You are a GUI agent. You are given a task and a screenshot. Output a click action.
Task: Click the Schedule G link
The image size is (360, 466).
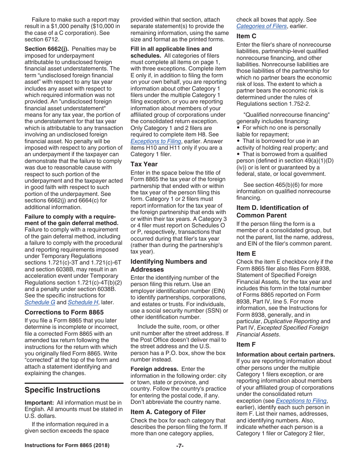click(x=40, y=302)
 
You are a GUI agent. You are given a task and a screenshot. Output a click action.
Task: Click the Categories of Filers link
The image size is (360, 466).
click(x=261, y=26)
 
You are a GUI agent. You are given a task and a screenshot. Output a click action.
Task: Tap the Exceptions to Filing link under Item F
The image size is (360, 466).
click(x=301, y=400)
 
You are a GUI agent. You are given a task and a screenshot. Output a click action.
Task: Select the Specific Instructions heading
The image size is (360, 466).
click(x=63, y=390)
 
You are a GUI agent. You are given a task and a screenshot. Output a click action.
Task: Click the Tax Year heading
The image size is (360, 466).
click(x=144, y=164)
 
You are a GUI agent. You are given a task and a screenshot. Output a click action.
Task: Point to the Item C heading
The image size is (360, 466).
click(x=246, y=36)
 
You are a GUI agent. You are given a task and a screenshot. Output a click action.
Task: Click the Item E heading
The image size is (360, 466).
click(x=246, y=253)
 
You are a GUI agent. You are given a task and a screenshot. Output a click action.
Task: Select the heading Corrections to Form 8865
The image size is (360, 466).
click(x=64, y=312)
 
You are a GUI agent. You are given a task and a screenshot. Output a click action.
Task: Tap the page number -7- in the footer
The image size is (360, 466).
click(x=180, y=446)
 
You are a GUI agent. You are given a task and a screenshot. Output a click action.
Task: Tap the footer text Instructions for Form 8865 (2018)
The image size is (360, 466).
click(x=67, y=445)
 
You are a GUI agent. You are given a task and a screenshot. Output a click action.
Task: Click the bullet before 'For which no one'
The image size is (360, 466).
click(x=238, y=128)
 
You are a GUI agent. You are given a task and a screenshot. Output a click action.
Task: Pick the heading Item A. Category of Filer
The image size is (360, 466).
click(x=168, y=412)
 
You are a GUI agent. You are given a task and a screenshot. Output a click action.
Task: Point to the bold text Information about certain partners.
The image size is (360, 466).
click(x=285, y=355)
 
